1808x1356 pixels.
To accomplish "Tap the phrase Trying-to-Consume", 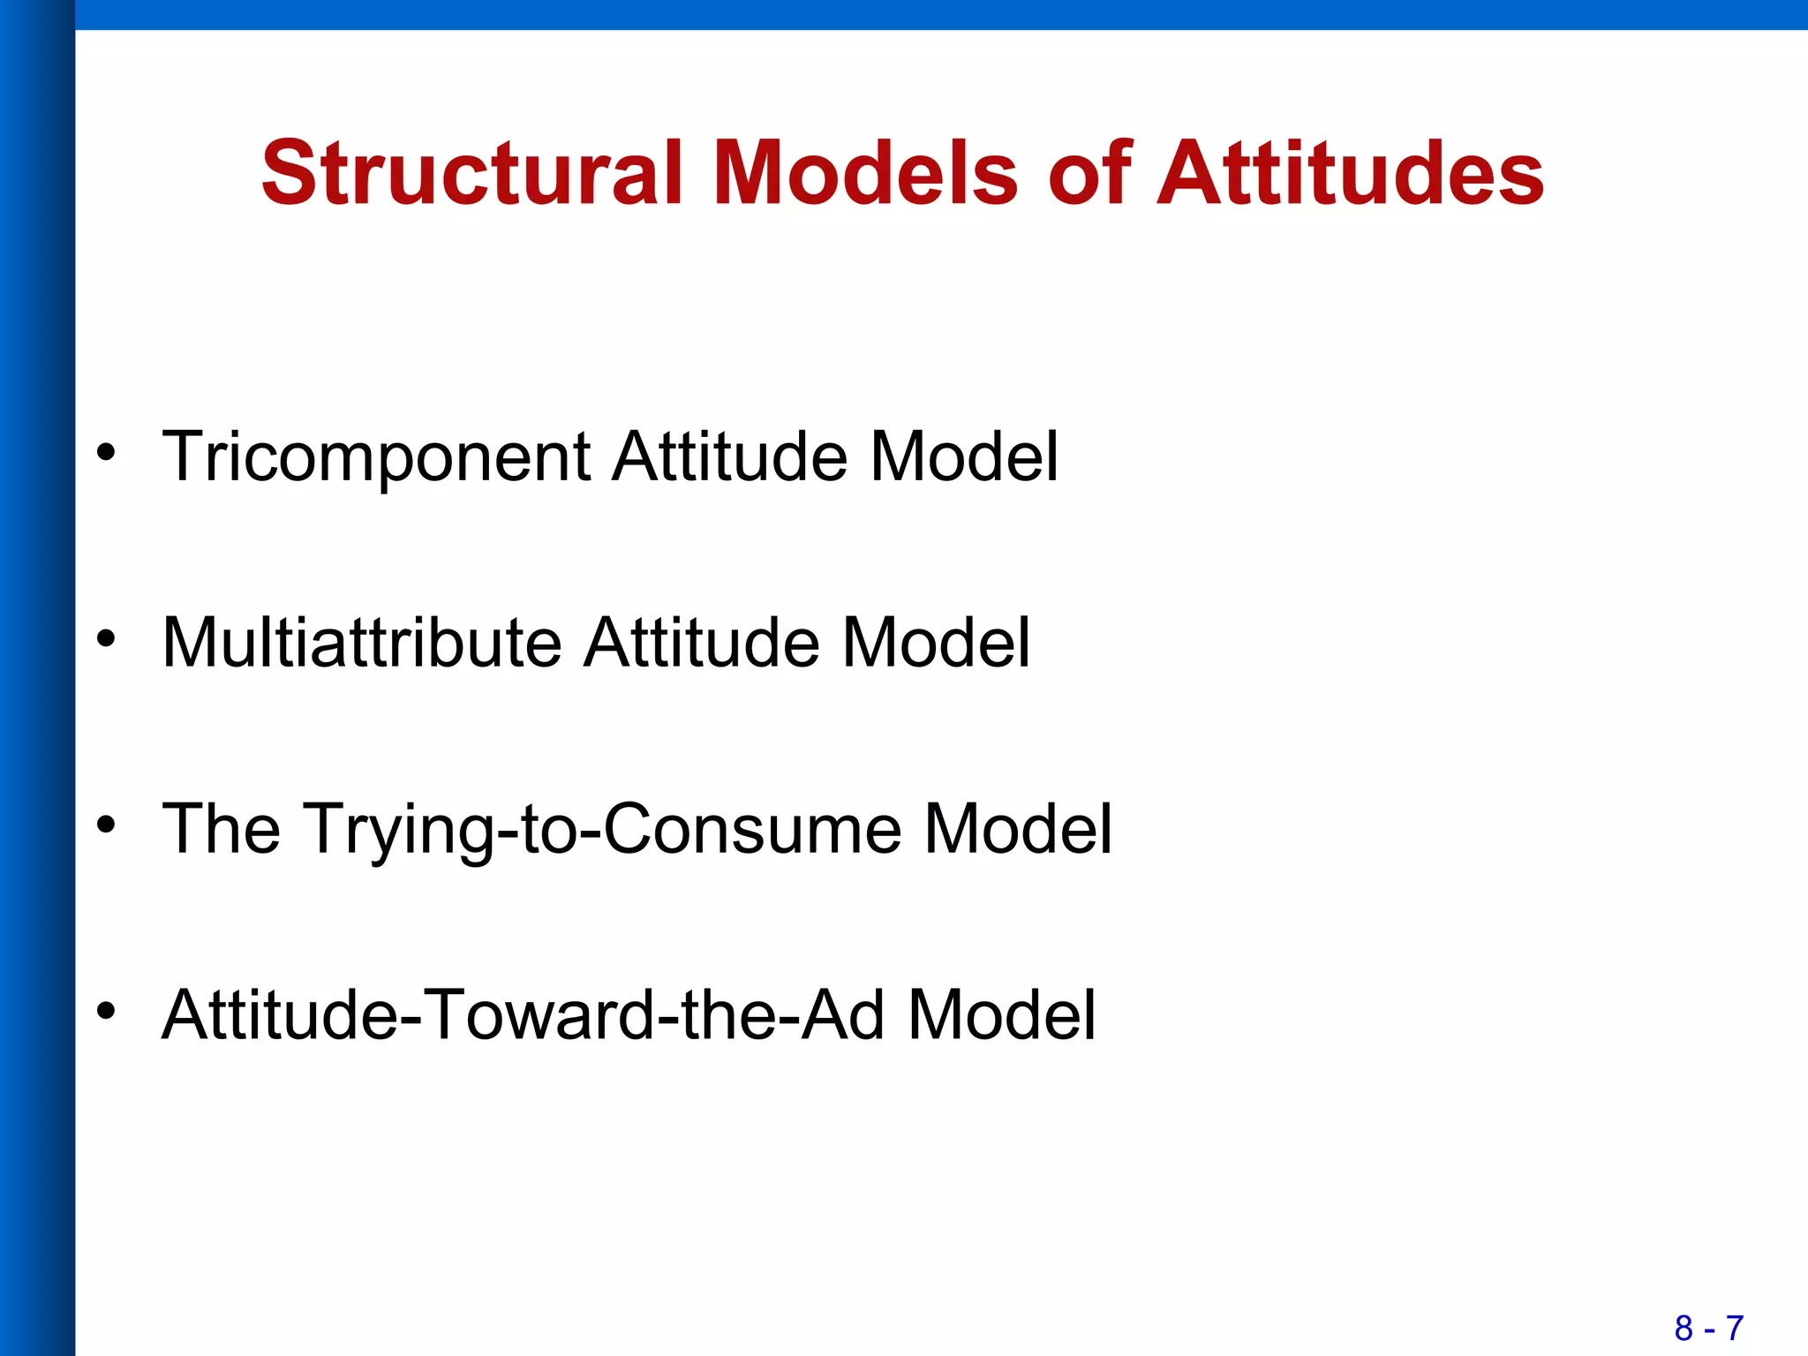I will pyautogui.click(x=603, y=830).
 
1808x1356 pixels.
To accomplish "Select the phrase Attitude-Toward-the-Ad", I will pyautogui.click(x=524, y=1015).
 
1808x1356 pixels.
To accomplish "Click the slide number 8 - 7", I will pyautogui.click(x=1709, y=1328).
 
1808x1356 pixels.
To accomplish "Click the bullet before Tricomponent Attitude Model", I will pyautogui.click(x=107, y=452).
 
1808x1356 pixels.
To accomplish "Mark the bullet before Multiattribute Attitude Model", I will pyautogui.click(x=107, y=638).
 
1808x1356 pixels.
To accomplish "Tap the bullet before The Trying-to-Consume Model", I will pyautogui.click(x=107, y=825).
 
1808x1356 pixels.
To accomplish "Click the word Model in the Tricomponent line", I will pyautogui.click(x=964, y=457).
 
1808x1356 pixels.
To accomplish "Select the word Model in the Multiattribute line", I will pyautogui.click(x=936, y=643).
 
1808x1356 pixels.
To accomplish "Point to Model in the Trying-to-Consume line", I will pyautogui.click(x=1018, y=830).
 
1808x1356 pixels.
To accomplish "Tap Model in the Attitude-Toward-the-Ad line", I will pyautogui.click(x=1002, y=1015).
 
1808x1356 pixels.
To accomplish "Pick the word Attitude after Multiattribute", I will pyautogui.click(x=702, y=643).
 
